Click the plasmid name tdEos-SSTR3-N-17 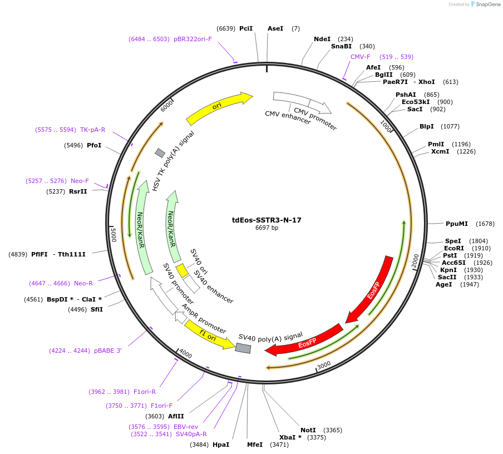point(267,220)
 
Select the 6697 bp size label point(267,228)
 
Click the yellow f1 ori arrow point(209,335)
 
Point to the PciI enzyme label point(246,28)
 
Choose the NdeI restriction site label point(322,39)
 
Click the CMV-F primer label point(360,57)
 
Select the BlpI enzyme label point(427,126)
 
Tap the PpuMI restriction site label point(457,224)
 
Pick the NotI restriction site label point(308,430)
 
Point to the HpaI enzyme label point(220,445)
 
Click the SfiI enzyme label point(97,309)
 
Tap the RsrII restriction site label point(78,191)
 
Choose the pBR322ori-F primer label point(193,39)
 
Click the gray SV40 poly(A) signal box point(243,348)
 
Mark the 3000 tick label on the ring point(324,364)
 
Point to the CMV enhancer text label point(288,117)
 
